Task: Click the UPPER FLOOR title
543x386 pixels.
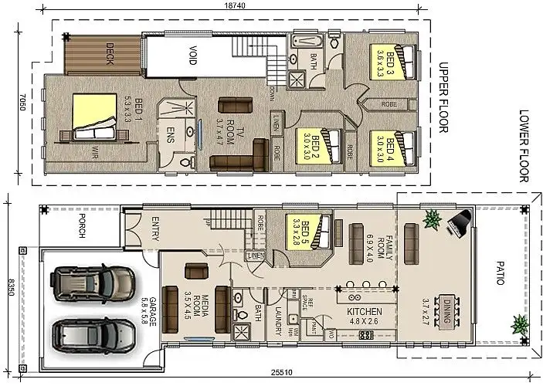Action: coord(443,97)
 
